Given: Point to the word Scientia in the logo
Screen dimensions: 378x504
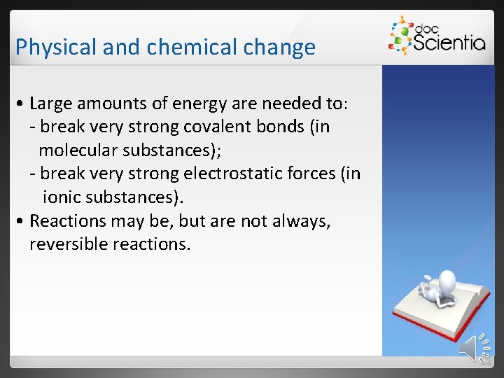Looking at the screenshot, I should point(449,43).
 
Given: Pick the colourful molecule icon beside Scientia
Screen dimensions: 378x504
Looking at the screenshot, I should point(400,35).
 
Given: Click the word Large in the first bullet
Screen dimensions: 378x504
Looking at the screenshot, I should point(52,104).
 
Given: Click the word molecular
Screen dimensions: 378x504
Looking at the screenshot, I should point(80,150).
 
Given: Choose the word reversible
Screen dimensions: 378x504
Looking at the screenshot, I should point(67,244).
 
